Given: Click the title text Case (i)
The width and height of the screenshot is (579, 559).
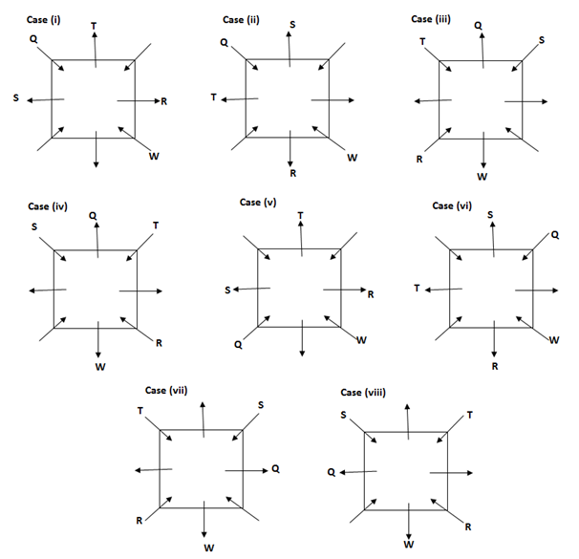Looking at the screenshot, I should tap(45, 19).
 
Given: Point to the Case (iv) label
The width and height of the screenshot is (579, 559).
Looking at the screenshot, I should tap(47, 206).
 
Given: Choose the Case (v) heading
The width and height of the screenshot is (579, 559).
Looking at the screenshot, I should tap(258, 202).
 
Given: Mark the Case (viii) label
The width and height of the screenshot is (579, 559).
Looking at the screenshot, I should tap(363, 393).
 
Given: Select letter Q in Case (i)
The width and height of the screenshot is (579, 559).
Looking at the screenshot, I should tap(34, 40).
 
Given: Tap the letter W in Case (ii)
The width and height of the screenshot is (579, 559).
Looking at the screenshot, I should tap(352, 157).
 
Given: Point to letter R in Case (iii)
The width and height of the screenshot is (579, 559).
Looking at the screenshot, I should tap(418, 159).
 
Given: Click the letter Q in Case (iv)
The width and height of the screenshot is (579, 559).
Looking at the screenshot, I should tap(93, 216).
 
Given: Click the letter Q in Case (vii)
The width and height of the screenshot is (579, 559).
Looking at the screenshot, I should tap(275, 469).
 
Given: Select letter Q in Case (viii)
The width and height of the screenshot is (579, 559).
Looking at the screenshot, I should tap(331, 472).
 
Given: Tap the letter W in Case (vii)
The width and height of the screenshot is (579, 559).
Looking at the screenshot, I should tap(208, 548).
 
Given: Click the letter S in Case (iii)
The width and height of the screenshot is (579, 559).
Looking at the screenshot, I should tap(542, 40).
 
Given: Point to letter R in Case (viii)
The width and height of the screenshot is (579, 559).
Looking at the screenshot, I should tap(467, 527).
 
